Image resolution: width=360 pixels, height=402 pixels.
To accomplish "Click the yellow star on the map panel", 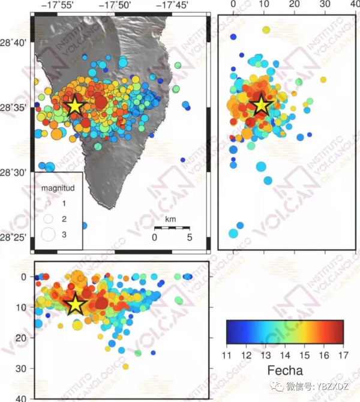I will [74, 106].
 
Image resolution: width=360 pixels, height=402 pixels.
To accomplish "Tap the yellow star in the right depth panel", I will [262, 105].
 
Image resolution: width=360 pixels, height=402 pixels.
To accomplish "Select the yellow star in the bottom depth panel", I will [74, 304].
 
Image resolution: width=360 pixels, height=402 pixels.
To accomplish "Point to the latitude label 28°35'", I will [14, 107].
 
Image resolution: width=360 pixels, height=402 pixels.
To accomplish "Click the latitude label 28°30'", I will [14, 172].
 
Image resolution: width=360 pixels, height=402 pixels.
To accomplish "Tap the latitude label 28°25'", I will [14, 238].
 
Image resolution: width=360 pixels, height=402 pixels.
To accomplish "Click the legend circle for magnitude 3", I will [49, 234].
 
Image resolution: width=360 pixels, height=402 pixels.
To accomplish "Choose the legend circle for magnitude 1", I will [49, 204].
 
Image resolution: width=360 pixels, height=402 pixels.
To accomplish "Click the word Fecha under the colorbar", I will [285, 370].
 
